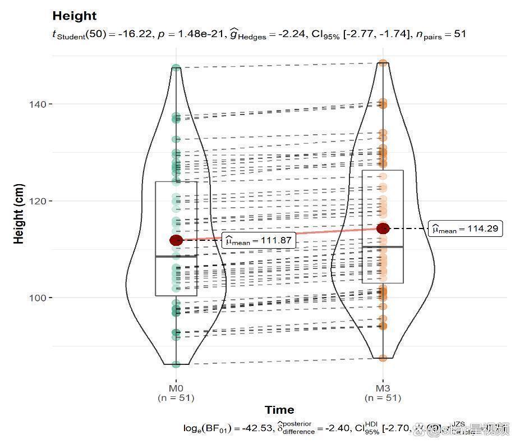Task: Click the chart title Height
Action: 74,16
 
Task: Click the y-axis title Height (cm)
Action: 19,213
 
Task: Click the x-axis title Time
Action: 279,410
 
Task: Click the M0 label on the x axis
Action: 176,388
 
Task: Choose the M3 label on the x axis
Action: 383,388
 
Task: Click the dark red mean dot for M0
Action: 176,240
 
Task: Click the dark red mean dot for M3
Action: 383,228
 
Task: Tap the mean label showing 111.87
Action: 259,241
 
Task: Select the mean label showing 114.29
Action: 465,229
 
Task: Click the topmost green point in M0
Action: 176,68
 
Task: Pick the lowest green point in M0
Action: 176,364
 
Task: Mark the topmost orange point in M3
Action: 383,63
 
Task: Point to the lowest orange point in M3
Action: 383,358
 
